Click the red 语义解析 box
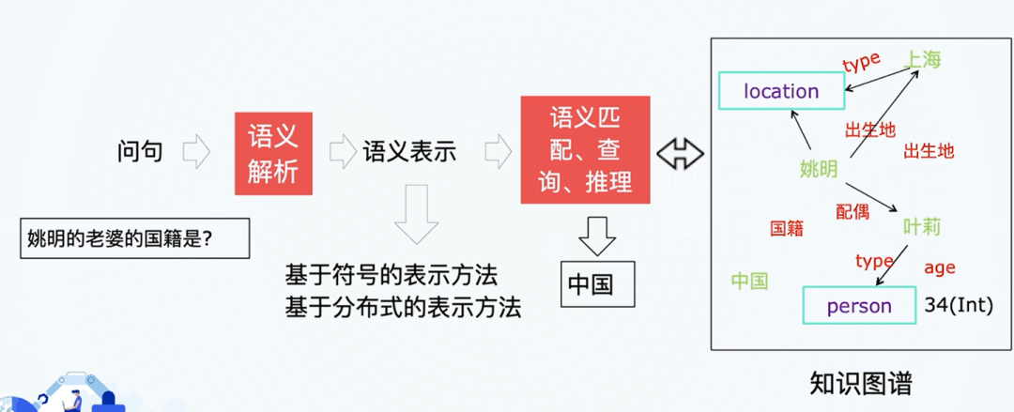point(273,154)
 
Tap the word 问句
point(140,151)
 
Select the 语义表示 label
point(409,151)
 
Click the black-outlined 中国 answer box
point(597,282)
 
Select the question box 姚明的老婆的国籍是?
point(134,238)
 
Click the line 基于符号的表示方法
point(391,275)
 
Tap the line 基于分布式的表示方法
point(403,307)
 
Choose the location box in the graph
point(781,91)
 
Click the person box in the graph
point(859,306)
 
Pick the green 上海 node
point(922,59)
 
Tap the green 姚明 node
point(819,169)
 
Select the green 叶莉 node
point(921,227)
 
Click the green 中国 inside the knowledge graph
point(750,281)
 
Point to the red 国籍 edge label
point(787,228)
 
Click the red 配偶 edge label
point(853,211)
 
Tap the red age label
point(939,268)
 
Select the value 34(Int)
point(958,306)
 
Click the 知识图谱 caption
point(861,384)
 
